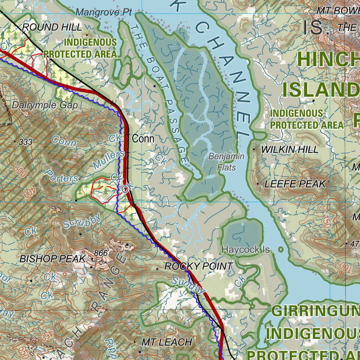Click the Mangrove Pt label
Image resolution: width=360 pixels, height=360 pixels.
pos(104,12)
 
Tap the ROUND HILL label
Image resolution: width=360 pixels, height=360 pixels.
pos(52,27)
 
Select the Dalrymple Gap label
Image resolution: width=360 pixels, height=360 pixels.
pos(45,105)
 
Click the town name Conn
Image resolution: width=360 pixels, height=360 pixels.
pos(143,139)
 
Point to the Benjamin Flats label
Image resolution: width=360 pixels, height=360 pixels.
pos(226,162)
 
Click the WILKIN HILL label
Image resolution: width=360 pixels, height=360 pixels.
pos(290,149)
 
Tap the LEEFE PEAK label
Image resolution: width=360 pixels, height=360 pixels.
pos(295,184)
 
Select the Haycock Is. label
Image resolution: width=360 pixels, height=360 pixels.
pos(247,250)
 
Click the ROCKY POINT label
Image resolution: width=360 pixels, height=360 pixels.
pos(199,266)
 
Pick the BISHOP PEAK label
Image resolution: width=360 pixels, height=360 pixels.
pos(52,259)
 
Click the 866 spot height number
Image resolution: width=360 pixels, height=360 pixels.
pos(100,253)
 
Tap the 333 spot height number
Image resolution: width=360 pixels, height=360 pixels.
pos(26,142)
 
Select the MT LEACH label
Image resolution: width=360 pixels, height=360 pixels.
pos(167,342)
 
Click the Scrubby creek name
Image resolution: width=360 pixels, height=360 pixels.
pos(82,221)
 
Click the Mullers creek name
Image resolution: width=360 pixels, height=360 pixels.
pos(109,159)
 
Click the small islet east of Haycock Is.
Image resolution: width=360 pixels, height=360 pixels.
pos(281,250)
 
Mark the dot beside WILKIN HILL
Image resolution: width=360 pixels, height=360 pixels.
pos(255,149)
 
